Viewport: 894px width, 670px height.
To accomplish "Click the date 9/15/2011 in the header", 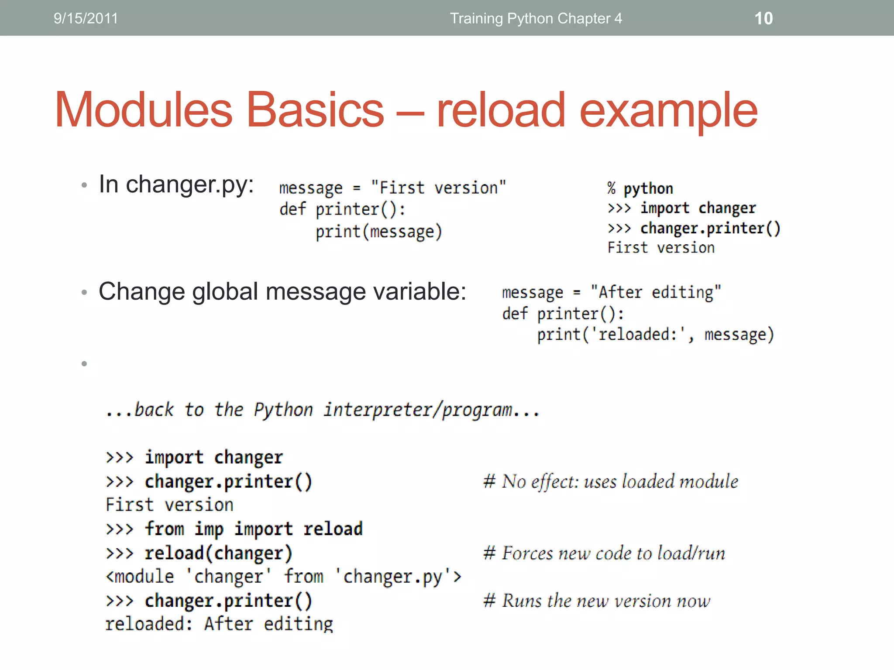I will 86,18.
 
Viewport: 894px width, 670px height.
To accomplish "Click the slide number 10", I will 763,18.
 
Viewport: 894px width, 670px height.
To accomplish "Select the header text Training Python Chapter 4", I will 536,18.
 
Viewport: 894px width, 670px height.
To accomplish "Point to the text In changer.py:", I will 176,184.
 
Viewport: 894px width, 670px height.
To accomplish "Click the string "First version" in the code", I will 438,188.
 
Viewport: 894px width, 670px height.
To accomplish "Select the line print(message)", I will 378,232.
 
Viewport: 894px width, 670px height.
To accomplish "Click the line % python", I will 640,188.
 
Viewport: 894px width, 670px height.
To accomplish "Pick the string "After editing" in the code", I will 655,292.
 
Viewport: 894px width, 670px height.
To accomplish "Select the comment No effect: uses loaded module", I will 611,482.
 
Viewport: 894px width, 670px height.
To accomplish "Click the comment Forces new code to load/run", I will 604,553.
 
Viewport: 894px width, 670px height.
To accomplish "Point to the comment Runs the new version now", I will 597,601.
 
